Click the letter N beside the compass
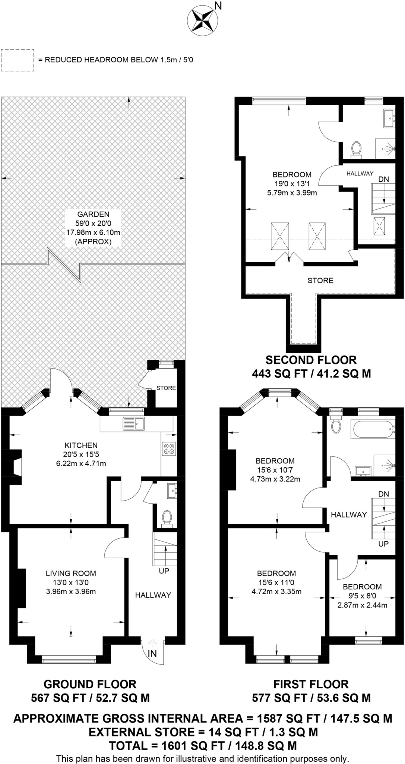click(218, 6)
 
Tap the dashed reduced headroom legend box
click(18, 60)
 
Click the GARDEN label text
click(93, 214)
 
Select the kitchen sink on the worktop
click(135, 423)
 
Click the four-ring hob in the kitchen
click(168, 448)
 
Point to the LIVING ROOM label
click(71, 573)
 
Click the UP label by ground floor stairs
click(164, 571)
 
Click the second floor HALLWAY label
click(360, 173)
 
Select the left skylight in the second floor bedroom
click(279, 236)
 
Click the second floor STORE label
click(320, 281)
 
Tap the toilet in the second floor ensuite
click(356, 148)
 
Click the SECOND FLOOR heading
click(311, 360)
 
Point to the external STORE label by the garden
click(166, 388)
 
